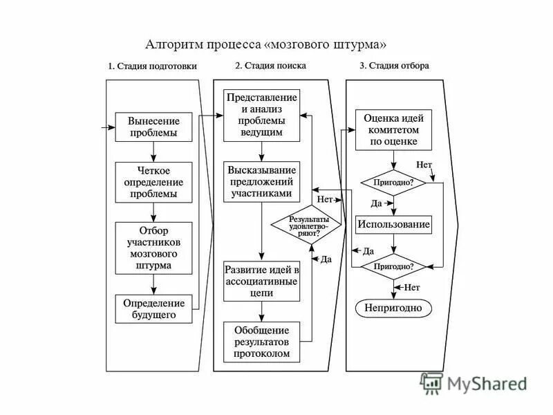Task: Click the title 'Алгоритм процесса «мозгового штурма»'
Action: [x=266, y=45]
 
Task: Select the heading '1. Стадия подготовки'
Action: [x=152, y=66]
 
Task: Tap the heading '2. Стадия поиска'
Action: [x=270, y=66]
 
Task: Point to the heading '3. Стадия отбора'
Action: [x=394, y=66]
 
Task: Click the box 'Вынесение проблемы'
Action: [x=153, y=127]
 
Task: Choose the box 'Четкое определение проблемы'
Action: [x=153, y=182]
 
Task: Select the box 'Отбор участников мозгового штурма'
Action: [x=153, y=248]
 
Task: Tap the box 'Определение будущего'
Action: [x=153, y=308]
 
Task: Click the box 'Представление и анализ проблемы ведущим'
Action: [x=261, y=114]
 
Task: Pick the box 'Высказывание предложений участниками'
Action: [x=261, y=182]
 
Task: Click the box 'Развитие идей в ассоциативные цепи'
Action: [x=261, y=281]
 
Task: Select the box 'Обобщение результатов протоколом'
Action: [x=261, y=342]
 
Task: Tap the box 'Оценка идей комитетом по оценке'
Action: [x=393, y=129]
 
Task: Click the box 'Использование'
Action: [x=393, y=224]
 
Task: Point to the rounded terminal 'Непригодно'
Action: [x=393, y=308]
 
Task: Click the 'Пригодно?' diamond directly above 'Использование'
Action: [x=393, y=183]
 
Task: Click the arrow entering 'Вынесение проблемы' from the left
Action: [x=108, y=127]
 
